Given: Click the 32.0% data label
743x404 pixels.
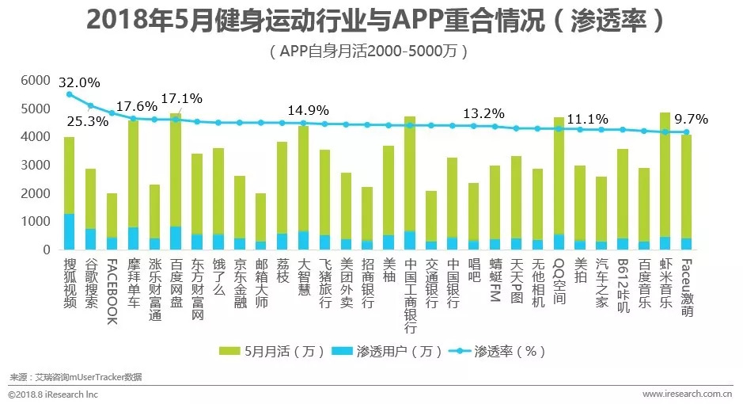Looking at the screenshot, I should tap(79, 82).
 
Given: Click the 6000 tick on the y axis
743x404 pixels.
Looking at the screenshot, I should tap(34, 81).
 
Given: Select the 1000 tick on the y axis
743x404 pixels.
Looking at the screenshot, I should tap(34, 222).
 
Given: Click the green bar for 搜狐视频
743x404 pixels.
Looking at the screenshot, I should tap(70, 175).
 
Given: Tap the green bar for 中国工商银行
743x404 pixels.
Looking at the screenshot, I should tap(410, 173).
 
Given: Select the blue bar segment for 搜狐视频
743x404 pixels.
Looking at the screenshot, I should tap(70, 231).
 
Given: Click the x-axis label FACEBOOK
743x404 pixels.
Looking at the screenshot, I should tap(112, 292).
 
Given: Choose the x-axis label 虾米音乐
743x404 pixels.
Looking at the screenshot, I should tap(665, 286).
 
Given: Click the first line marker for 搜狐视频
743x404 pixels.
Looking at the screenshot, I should tap(70, 94).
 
